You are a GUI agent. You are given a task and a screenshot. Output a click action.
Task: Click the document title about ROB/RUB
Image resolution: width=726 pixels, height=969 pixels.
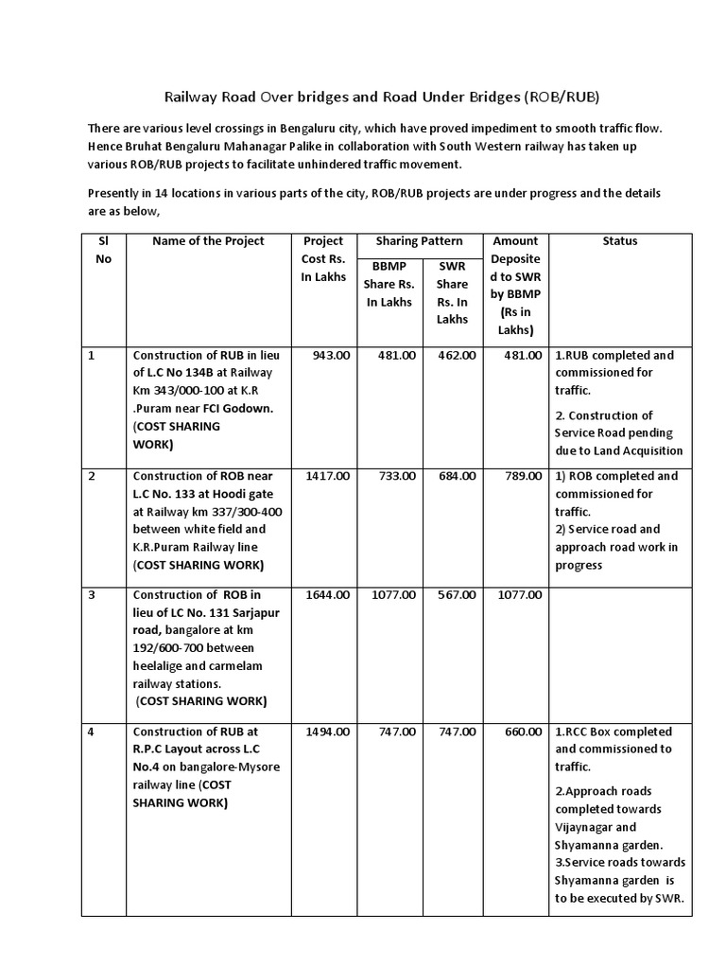[382, 97]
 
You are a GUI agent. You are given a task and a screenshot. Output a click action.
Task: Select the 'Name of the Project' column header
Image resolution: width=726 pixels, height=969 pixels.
[208, 241]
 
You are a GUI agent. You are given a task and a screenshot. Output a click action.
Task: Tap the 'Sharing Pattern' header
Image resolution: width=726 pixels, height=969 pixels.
[419, 241]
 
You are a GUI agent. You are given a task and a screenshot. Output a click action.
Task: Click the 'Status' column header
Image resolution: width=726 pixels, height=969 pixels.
[619, 241]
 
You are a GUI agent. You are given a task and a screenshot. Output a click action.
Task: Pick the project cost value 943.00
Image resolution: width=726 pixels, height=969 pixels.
[331, 355]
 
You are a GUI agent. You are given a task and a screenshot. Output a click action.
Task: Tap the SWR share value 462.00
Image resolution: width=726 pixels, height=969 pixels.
[458, 355]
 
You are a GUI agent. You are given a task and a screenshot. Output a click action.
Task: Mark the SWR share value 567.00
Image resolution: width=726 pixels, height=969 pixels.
[458, 595]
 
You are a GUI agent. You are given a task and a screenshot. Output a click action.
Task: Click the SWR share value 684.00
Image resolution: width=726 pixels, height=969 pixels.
[458, 476]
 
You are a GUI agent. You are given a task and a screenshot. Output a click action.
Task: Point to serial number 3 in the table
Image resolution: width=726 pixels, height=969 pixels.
[92, 595]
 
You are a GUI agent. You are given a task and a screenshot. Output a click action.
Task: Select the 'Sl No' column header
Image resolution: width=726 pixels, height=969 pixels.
[103, 250]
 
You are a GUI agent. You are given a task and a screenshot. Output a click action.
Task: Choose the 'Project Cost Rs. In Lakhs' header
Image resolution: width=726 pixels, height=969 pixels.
[323, 258]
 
